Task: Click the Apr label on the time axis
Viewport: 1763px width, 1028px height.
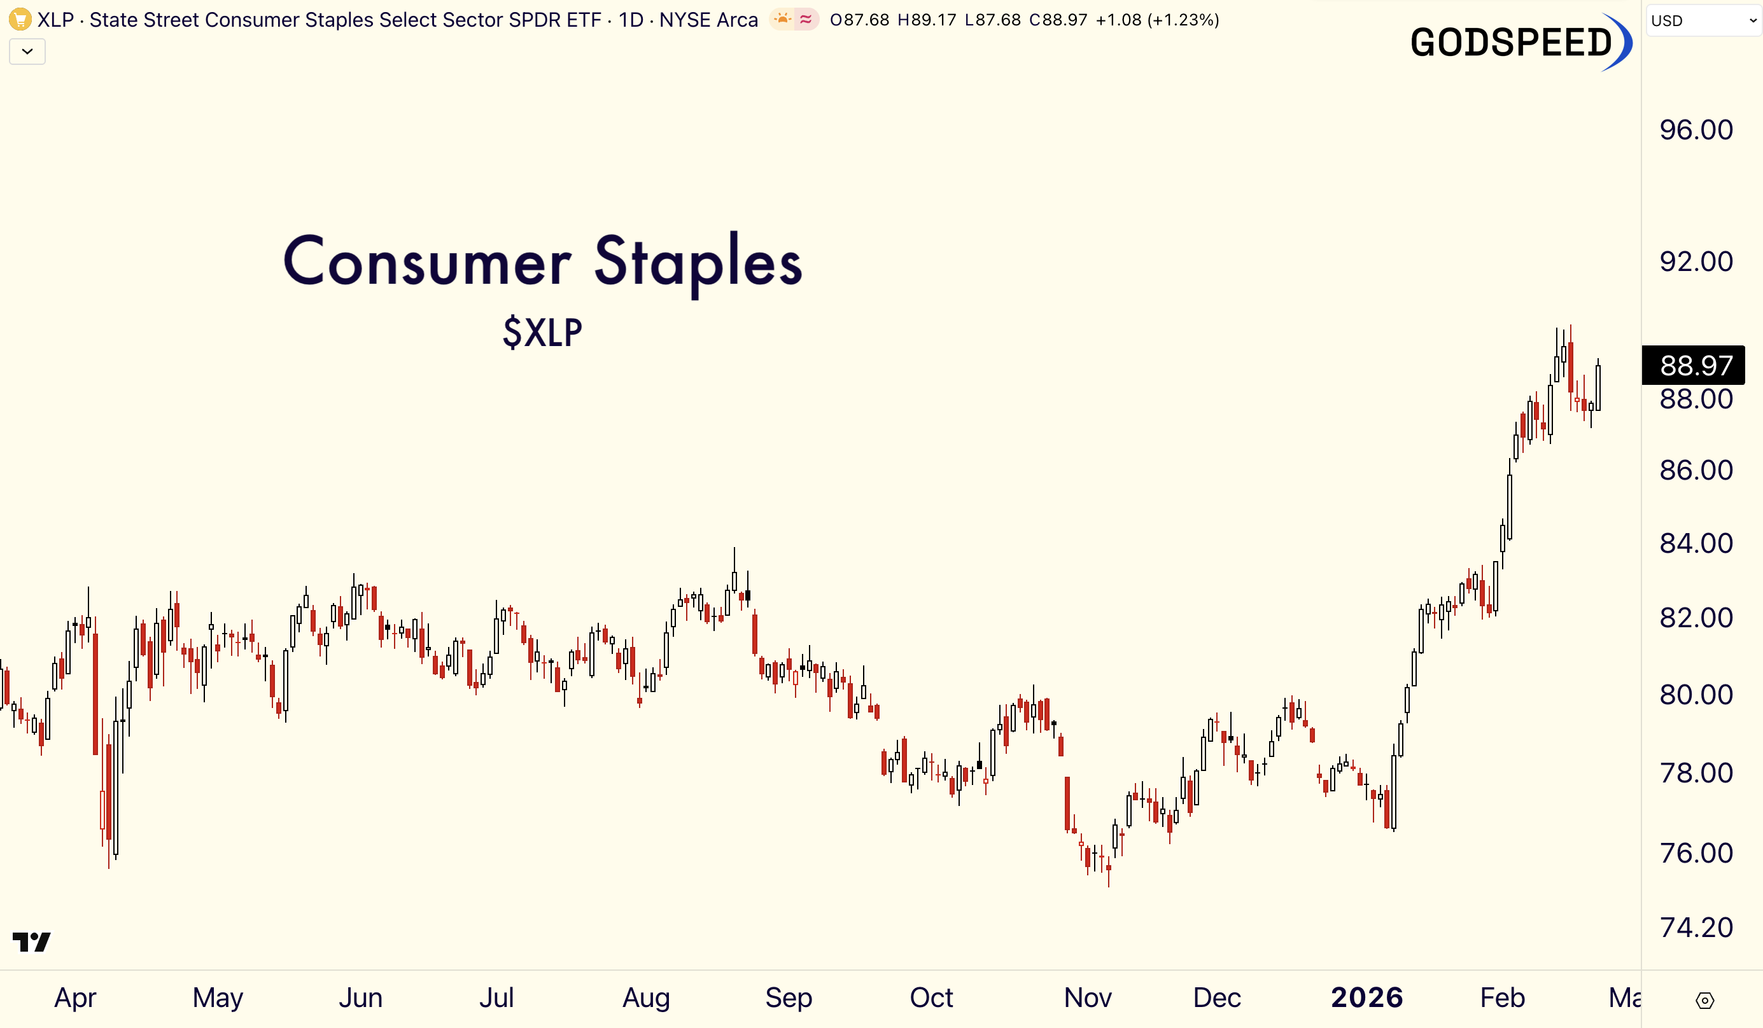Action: pos(76,997)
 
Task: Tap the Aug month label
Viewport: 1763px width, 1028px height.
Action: pos(646,997)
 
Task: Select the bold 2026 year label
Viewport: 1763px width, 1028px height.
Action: pos(1366,997)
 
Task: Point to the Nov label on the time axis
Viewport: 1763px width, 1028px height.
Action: pos(1087,997)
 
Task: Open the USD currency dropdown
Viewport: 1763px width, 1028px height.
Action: pos(1703,20)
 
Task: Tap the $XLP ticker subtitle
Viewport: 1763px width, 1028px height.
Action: pos(542,332)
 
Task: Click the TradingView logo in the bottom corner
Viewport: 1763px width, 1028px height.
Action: pos(31,941)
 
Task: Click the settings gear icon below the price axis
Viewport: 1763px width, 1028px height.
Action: pos(1705,1001)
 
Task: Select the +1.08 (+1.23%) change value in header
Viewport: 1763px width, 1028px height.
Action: pos(1157,20)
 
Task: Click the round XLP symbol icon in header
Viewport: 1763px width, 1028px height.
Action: pos(20,19)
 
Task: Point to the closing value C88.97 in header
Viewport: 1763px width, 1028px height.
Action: pos(1058,20)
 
